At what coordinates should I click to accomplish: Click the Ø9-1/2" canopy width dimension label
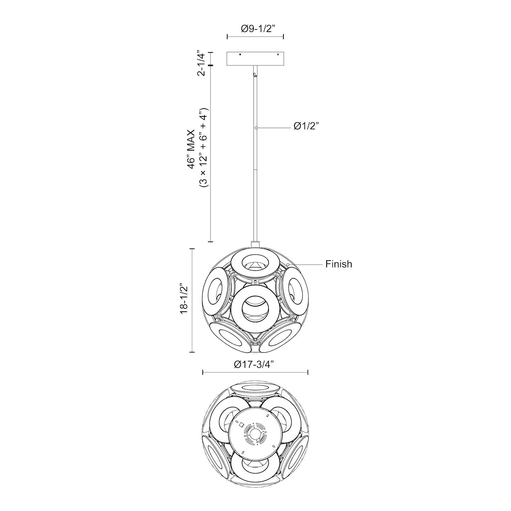click(255, 29)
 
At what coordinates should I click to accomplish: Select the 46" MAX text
click(193, 148)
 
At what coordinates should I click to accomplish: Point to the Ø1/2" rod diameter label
click(306, 127)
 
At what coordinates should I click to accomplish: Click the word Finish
click(339, 264)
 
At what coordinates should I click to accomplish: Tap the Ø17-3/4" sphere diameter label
click(254, 364)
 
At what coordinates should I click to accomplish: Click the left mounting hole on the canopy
click(240, 55)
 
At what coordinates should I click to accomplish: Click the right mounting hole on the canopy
click(278, 55)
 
